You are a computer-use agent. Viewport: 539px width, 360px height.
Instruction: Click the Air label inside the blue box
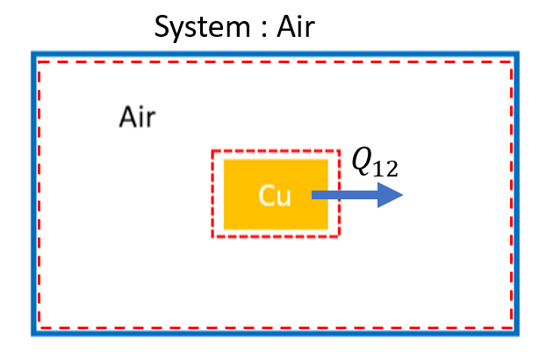139,118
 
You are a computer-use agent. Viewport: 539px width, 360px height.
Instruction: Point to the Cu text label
274,196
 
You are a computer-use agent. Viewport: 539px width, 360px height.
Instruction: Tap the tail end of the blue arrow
313,196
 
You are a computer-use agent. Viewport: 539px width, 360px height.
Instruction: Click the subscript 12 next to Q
387,168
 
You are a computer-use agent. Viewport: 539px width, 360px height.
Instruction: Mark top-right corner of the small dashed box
338,151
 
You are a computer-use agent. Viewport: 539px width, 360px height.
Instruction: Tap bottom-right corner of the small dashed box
338,237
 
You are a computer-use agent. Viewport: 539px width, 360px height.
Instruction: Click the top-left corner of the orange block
225,160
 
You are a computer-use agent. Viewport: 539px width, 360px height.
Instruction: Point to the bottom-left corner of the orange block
225,228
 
